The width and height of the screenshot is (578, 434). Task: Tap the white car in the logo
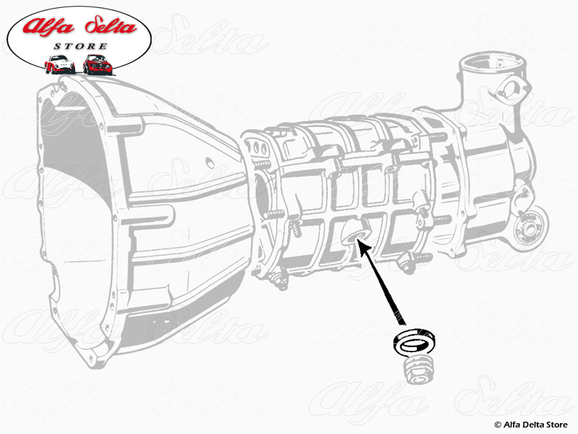tap(60, 64)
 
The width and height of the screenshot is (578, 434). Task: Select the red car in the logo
tap(98, 64)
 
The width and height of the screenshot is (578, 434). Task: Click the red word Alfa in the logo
tap(49, 28)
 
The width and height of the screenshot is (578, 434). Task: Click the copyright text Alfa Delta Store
tap(532, 424)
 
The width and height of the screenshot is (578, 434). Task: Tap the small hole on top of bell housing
tap(207, 162)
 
